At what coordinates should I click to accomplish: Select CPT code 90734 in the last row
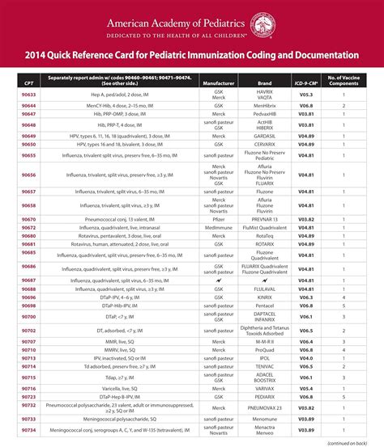point(29,430)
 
